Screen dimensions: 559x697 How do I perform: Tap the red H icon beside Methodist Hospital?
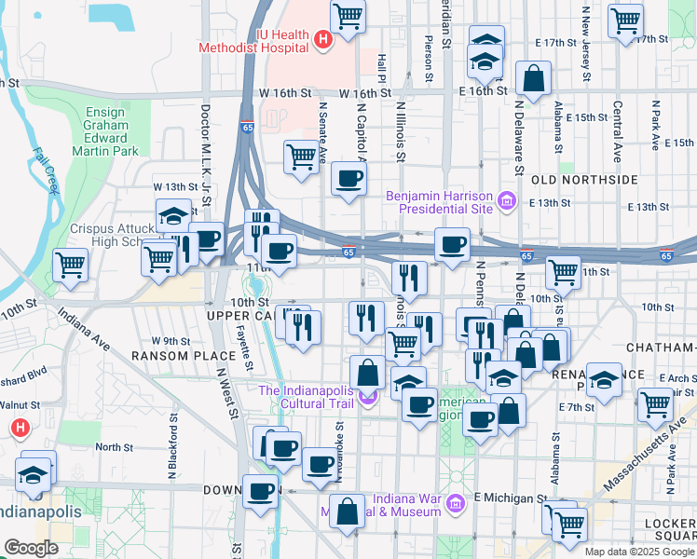pyautogui.click(x=322, y=40)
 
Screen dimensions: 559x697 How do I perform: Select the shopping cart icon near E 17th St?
pyautogui.click(x=625, y=20)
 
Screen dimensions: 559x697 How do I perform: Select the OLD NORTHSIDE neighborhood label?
pyautogui.click(x=583, y=179)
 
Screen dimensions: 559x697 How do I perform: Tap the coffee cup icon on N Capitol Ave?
pyautogui.click(x=349, y=179)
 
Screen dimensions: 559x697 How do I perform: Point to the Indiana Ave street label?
pyautogui.click(x=85, y=333)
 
